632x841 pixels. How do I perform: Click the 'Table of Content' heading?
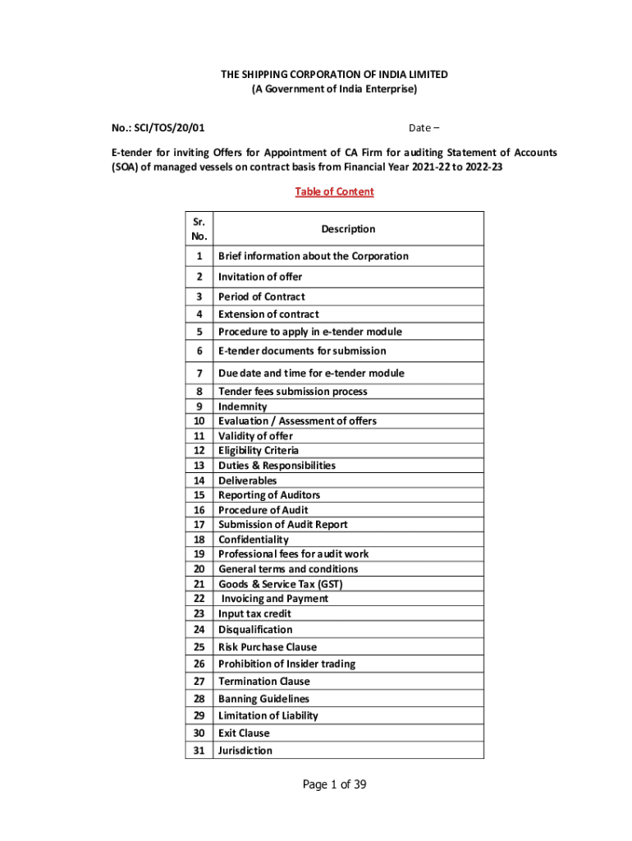334,192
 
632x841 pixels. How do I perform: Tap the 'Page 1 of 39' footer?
334,784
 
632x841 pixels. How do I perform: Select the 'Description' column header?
348,229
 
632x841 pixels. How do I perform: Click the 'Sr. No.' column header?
199,229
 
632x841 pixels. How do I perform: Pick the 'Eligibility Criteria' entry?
259,451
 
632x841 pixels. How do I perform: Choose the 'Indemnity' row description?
242,407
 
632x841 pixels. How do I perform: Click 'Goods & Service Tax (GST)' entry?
280,584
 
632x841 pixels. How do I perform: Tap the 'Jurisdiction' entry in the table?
245,751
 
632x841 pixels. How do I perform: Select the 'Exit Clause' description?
244,733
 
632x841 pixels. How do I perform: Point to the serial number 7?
199,373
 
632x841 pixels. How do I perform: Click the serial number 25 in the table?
199,647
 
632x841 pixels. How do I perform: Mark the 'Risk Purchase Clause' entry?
267,647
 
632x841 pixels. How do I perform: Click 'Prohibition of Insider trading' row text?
286,664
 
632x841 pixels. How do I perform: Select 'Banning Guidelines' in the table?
263,699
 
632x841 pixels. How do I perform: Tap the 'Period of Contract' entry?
261,296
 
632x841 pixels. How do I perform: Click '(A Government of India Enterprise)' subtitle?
334,89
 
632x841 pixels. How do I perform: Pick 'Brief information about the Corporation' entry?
313,256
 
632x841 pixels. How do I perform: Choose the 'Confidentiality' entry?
253,540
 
